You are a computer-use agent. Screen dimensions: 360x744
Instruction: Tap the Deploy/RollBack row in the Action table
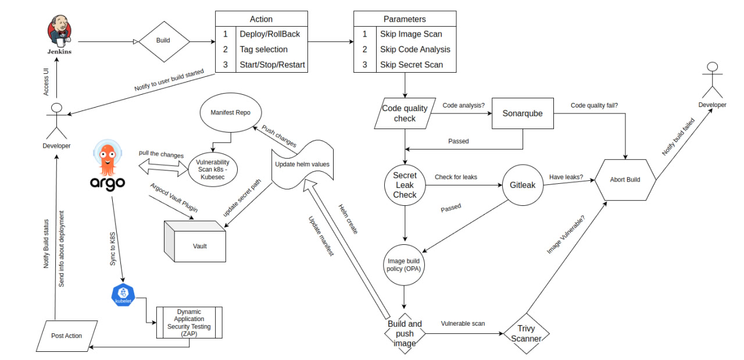260,34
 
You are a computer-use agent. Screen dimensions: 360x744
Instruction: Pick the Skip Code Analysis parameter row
405,49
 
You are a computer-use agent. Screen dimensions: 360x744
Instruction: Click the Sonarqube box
522,113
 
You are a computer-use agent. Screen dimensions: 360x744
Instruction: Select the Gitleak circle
522,185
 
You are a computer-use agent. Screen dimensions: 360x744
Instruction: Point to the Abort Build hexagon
625,180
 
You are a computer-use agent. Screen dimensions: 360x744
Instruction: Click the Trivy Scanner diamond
526,334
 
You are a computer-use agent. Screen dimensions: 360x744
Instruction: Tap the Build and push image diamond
405,334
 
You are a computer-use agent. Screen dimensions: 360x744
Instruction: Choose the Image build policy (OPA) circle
405,265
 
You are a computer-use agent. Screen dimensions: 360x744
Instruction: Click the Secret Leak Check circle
405,186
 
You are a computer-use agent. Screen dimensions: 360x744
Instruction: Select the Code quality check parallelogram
405,113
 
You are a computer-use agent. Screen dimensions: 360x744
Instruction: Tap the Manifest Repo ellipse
231,113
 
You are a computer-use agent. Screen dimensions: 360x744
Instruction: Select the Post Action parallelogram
67,336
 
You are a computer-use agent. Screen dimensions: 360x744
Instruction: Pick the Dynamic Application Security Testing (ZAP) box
189,323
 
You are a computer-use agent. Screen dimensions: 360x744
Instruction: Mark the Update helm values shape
302,165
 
